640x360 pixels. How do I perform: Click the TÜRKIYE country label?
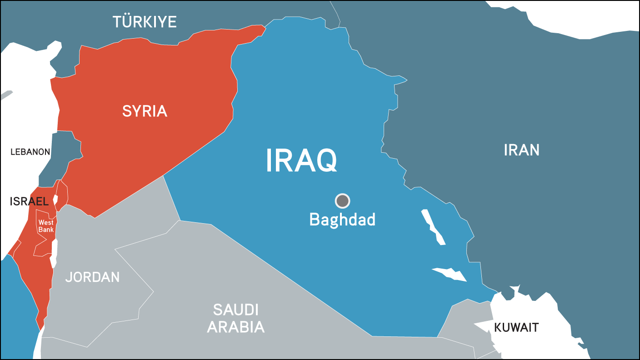(145, 22)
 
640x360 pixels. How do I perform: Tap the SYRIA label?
(145, 111)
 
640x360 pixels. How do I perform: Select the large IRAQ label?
(301, 160)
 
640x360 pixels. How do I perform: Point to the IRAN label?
(521, 150)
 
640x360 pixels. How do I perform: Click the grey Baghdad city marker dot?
(342, 200)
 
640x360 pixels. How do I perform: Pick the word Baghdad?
(342, 220)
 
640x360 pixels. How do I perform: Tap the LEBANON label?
(30, 152)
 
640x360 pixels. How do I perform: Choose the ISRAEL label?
(29, 201)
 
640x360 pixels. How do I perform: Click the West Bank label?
(46, 226)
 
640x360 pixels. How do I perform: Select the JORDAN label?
(92, 277)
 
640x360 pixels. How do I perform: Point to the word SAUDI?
(235, 310)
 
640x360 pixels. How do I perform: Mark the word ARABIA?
(235, 327)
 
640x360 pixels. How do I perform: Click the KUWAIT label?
(516, 327)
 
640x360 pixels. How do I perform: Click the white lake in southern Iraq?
(450, 274)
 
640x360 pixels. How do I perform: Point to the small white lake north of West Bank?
(55, 199)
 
